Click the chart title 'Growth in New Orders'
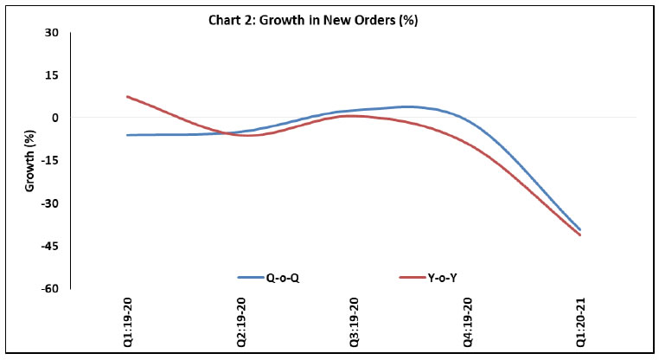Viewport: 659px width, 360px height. pyautogui.click(x=329, y=21)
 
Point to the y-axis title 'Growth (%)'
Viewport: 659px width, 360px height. pyautogui.click(x=30, y=161)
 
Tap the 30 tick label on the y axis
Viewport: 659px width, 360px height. pyautogui.click(x=52, y=33)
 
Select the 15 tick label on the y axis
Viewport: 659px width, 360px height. pyautogui.click(x=52, y=75)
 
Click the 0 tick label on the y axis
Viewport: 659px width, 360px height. pyautogui.click(x=55, y=118)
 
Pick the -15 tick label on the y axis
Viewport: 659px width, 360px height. pyautogui.click(x=50, y=161)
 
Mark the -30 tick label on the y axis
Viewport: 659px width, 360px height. pyautogui.click(x=50, y=203)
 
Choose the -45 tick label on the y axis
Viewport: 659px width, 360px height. pyautogui.click(x=50, y=246)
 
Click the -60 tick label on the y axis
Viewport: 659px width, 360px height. pyautogui.click(x=50, y=288)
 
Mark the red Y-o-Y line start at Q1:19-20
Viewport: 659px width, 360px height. pyautogui.click(x=128, y=97)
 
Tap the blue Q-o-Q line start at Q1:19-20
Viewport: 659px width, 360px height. pyautogui.click(x=128, y=135)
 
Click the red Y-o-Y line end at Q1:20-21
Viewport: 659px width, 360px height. pyautogui.click(x=580, y=235)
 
